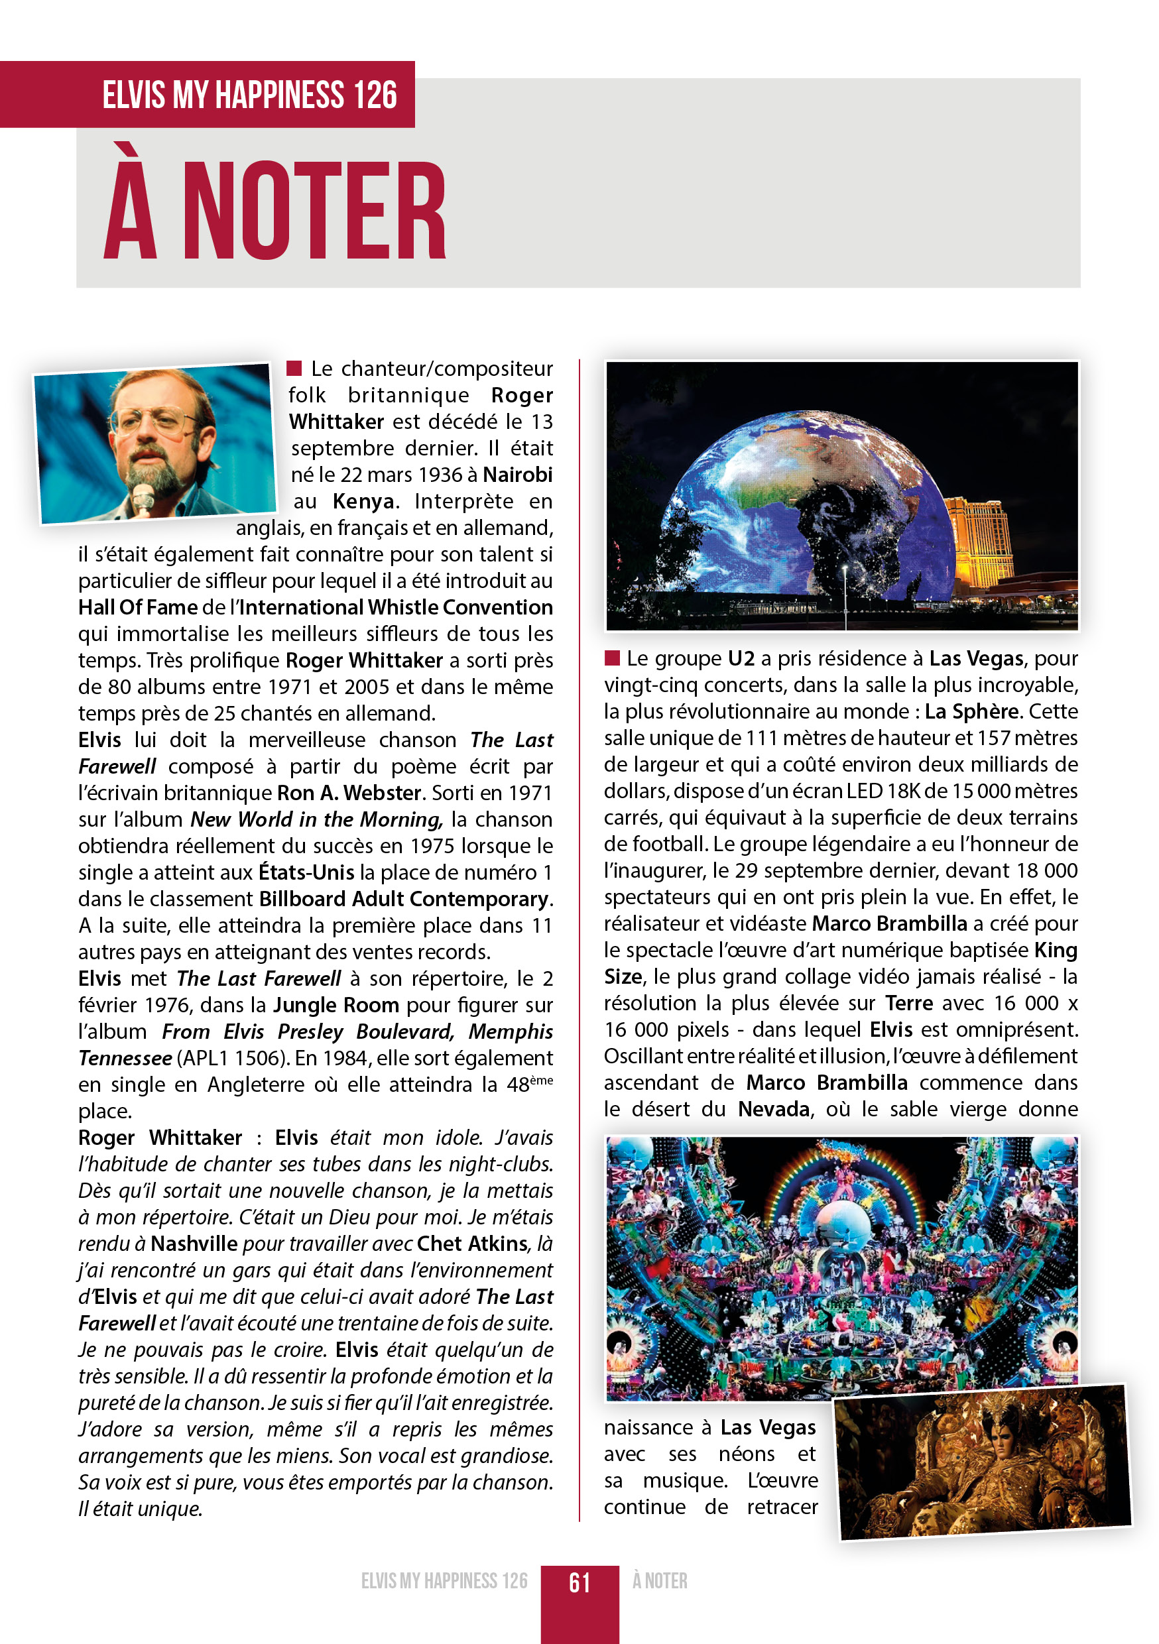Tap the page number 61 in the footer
579,1582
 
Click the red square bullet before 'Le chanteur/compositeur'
294,368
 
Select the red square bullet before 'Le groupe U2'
612,658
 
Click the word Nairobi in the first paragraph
517,475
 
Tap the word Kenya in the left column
363,501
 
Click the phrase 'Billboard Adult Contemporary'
404,899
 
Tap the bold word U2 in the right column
741,658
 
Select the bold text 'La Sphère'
971,711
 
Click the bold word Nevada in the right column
774,1109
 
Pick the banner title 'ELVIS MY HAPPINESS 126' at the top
249,95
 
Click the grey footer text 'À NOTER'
659,1581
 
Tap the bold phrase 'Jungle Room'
336,1006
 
